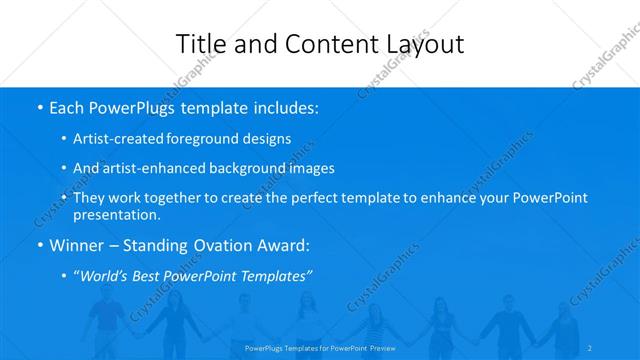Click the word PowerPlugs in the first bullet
click(x=136, y=106)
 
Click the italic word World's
click(x=109, y=275)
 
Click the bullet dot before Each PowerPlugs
click(x=39, y=106)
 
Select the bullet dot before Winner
click(x=39, y=245)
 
